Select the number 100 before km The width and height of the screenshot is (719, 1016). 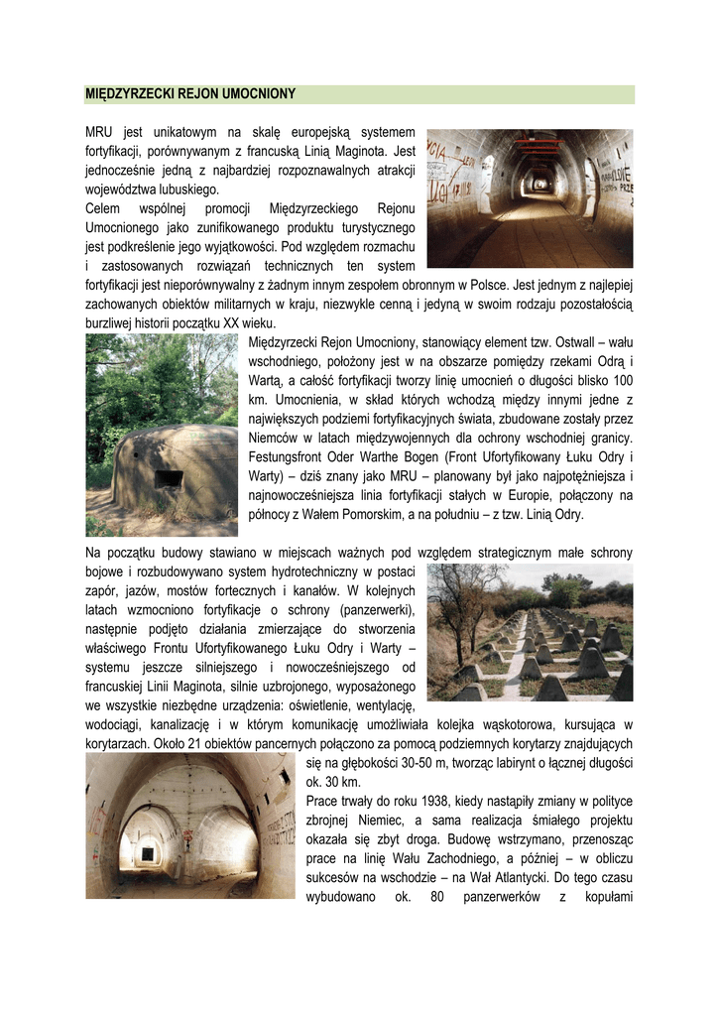click(623, 381)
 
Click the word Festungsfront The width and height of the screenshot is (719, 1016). click(287, 457)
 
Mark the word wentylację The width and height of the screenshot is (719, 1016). click(381, 705)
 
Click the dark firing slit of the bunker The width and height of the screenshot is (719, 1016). click(170, 480)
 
